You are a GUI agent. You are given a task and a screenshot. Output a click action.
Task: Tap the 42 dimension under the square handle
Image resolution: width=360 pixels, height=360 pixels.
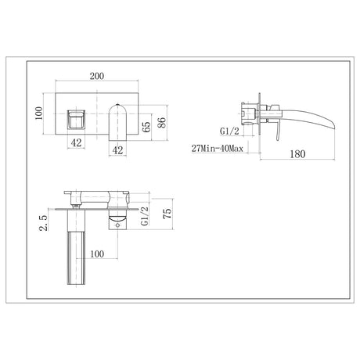click(76, 143)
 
